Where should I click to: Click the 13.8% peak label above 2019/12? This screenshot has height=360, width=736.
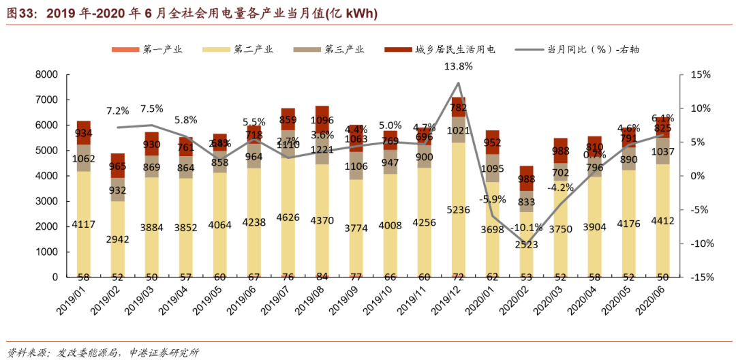(x=458, y=66)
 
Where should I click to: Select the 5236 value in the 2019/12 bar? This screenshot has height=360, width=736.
(x=458, y=210)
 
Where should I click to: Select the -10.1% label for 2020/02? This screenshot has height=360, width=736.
(x=527, y=228)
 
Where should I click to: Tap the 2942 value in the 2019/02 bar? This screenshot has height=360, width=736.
(x=118, y=239)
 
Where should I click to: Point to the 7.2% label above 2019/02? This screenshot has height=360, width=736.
(x=118, y=110)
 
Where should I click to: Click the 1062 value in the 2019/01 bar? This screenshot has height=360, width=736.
(x=83, y=160)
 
